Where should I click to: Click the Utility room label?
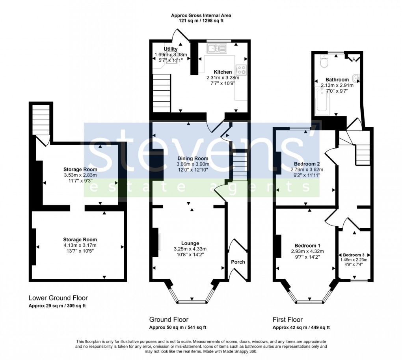(x=171, y=49)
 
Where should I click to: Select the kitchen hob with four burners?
(x=241, y=70)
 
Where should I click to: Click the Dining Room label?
(x=193, y=159)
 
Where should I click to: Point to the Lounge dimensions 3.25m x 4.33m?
(x=190, y=249)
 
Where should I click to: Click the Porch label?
(x=238, y=262)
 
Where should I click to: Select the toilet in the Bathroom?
(x=324, y=62)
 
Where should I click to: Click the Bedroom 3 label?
(x=354, y=255)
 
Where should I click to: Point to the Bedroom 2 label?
(x=307, y=164)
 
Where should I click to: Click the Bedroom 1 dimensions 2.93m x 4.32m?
(x=307, y=251)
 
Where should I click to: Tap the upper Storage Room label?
(x=80, y=170)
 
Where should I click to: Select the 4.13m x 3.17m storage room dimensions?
(x=80, y=245)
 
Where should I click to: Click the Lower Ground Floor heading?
(x=58, y=298)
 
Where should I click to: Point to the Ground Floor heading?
(x=169, y=319)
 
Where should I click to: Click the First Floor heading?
(x=288, y=319)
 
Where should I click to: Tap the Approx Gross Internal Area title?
(x=201, y=15)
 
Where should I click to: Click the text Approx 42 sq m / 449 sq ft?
(x=301, y=328)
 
